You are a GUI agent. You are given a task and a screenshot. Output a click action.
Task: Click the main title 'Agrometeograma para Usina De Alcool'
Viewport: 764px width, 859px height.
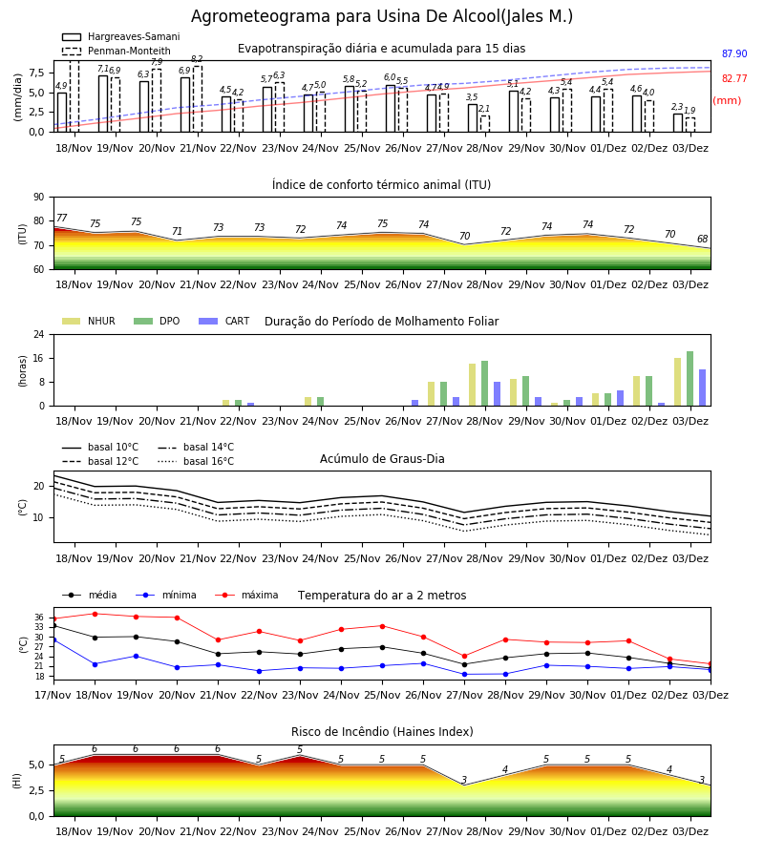click(346, 16)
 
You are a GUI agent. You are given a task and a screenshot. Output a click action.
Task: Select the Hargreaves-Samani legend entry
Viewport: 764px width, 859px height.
click(120, 36)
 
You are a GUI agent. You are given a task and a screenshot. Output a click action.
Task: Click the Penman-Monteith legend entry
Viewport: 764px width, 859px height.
click(117, 51)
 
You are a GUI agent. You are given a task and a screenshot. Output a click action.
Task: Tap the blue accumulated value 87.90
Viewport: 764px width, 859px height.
click(734, 53)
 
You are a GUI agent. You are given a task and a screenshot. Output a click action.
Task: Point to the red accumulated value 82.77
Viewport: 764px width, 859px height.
click(734, 78)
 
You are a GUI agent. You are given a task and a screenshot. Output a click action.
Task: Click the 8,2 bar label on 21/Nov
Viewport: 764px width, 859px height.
click(198, 59)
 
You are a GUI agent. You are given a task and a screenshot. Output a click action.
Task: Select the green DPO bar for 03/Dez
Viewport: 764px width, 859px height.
click(690, 379)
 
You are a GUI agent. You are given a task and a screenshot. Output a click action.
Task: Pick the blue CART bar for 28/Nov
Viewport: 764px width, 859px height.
click(498, 394)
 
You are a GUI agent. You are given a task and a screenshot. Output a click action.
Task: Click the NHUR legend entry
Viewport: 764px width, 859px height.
click(89, 321)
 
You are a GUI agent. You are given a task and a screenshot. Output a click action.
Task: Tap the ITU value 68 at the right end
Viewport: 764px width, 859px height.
click(702, 239)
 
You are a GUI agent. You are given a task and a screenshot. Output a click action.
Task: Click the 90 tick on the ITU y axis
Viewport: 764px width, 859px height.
click(39, 198)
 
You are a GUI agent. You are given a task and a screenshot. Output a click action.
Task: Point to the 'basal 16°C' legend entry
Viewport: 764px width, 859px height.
click(195, 461)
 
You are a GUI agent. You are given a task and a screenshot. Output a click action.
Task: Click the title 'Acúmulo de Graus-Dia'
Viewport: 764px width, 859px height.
click(382, 459)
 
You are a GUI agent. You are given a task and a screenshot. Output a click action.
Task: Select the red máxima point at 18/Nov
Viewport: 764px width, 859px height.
click(95, 614)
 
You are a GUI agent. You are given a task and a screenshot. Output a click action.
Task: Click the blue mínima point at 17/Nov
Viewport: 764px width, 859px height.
click(53, 639)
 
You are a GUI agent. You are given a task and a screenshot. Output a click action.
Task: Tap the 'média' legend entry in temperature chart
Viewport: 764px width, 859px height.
click(90, 595)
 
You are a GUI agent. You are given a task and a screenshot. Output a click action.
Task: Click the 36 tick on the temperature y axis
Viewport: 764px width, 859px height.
click(39, 618)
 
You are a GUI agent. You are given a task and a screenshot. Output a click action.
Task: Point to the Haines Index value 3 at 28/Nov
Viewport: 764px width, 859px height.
click(464, 780)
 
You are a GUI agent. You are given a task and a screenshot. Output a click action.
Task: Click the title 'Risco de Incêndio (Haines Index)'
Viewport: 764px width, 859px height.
click(382, 732)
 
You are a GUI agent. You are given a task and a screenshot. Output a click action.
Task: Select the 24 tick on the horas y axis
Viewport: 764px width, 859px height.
click(39, 334)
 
